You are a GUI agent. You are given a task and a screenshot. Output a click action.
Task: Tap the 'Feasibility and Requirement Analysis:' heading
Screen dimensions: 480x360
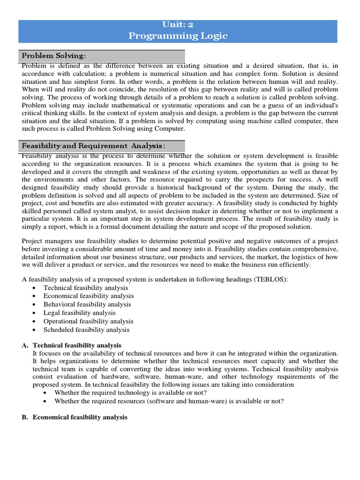94,146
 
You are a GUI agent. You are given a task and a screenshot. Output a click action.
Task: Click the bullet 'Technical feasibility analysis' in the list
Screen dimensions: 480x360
85,287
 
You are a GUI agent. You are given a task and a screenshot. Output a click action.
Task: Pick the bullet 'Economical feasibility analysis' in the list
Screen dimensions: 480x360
89,296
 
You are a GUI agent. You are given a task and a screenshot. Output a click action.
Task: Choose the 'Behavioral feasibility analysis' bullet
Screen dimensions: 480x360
87,304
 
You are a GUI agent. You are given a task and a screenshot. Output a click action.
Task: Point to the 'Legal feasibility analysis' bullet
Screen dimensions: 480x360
79,313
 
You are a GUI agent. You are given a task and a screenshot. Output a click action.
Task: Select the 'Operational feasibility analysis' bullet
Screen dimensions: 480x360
88,321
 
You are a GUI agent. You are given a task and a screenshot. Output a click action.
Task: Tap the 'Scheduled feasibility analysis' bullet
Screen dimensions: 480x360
86,330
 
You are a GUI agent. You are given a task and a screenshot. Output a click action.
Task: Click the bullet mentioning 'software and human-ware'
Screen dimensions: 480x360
169,401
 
